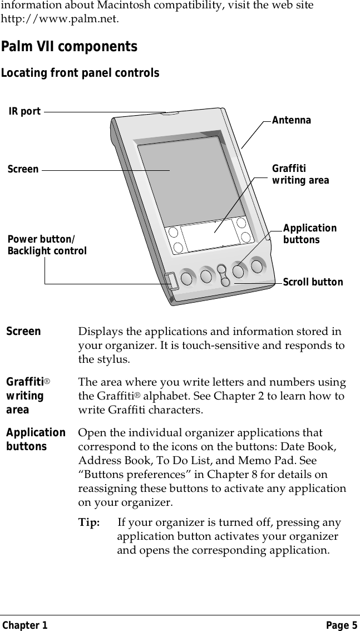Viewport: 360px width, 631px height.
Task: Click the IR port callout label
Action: pyautogui.click(x=25, y=111)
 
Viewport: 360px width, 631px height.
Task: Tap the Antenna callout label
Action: pyautogui.click(x=291, y=121)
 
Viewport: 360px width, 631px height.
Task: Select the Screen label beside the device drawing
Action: pyautogui.click(x=23, y=169)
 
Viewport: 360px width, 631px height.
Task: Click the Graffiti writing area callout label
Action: pyautogui.click(x=300, y=175)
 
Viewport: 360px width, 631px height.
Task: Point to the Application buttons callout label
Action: pyautogui.click(x=309, y=234)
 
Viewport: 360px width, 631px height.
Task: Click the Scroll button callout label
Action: pyautogui.click(x=313, y=282)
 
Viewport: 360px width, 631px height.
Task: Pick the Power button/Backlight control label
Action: pyautogui.click(x=47, y=245)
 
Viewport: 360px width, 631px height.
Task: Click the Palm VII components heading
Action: pyautogui.click(x=69, y=47)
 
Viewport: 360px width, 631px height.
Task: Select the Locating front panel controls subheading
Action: pyautogui.click(x=80, y=73)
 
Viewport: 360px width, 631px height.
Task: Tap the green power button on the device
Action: pyautogui.click(x=171, y=281)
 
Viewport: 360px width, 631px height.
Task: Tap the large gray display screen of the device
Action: pyautogui.click(x=189, y=178)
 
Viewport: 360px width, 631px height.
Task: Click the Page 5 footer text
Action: pyautogui.click(x=342, y=625)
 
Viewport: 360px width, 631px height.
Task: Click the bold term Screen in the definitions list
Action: pyautogui.click(x=23, y=332)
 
